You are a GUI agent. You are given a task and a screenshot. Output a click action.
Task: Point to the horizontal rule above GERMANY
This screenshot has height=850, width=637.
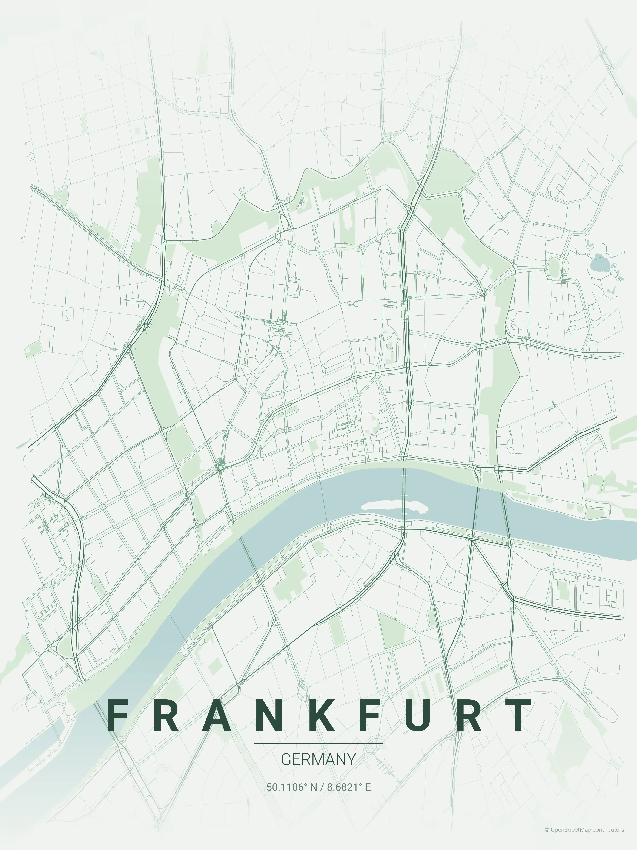point(318,744)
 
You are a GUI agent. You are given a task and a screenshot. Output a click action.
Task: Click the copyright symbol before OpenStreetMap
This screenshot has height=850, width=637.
point(547,837)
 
